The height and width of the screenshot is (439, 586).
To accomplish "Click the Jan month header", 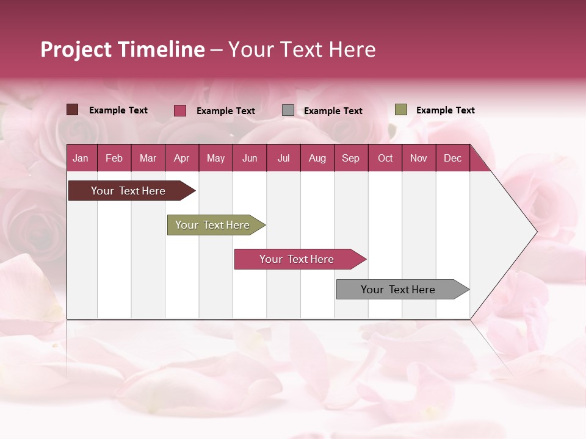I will pyautogui.click(x=81, y=159).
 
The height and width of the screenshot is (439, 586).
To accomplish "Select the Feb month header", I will pyautogui.click(x=114, y=159).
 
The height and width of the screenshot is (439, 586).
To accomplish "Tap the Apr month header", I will pyautogui.click(x=181, y=159).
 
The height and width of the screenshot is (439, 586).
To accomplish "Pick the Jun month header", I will pyautogui.click(x=250, y=159).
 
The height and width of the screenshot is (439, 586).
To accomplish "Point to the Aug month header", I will pyautogui.click(x=317, y=159).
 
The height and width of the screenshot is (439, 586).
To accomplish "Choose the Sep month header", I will pyautogui.click(x=350, y=159).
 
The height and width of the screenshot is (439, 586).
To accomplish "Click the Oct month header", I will pyautogui.click(x=385, y=159).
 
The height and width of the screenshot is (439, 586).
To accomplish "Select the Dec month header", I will pyautogui.click(x=452, y=159).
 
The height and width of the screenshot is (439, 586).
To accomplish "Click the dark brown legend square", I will pyautogui.click(x=73, y=110).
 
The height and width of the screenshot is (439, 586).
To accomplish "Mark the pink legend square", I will pyautogui.click(x=180, y=110).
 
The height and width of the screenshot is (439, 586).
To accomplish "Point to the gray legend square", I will pyautogui.click(x=288, y=110).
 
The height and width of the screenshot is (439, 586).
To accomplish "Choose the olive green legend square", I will pyautogui.click(x=401, y=110).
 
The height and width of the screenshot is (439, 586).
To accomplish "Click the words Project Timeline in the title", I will pyautogui.click(x=123, y=49).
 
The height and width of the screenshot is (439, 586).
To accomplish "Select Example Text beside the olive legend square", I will pyautogui.click(x=445, y=110).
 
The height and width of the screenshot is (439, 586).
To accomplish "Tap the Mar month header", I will pyautogui.click(x=148, y=159).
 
